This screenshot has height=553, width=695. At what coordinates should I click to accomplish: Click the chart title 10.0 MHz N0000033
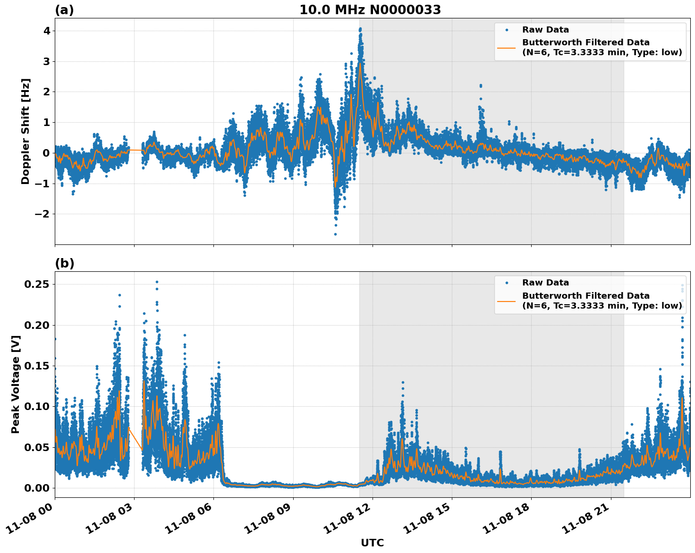370,10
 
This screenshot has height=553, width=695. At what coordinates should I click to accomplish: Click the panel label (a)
64,10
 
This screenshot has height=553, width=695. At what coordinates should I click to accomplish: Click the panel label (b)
64,263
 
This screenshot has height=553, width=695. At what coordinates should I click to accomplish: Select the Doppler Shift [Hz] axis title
25,131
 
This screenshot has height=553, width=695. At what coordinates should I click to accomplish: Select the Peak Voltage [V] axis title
16,384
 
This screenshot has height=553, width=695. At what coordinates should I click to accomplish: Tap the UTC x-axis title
372,543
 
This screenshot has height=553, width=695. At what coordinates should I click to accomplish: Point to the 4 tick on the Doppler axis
47,31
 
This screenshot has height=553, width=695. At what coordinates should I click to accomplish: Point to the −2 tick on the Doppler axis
42,214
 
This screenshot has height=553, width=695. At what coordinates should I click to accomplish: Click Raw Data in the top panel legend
545,30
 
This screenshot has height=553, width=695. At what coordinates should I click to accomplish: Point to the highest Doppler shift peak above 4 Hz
360,29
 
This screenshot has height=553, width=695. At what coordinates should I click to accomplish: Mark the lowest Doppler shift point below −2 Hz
335,234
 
